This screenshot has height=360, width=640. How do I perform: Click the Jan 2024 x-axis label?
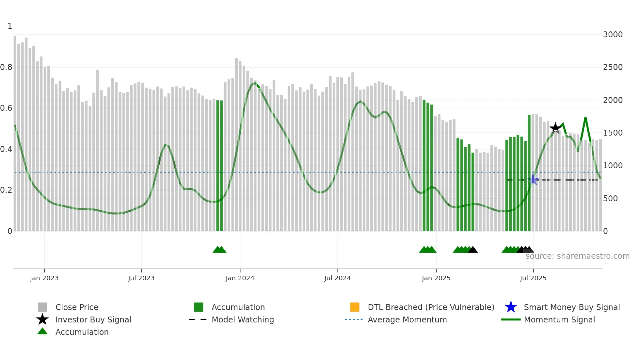point(240,278)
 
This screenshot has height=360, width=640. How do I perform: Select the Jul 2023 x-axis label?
point(141,278)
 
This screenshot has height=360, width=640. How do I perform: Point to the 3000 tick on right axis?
point(613,35)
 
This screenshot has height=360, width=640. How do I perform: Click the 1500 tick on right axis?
point(613,133)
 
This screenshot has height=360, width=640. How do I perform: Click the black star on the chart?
point(555,128)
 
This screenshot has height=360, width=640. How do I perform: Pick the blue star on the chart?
point(533,179)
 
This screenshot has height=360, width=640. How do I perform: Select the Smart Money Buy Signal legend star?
point(511,307)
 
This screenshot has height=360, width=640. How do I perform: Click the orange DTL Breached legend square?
point(355,307)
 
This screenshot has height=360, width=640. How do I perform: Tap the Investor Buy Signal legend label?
point(93,319)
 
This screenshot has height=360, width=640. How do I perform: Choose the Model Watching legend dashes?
point(198,319)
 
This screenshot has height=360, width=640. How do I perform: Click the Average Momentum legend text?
point(407,319)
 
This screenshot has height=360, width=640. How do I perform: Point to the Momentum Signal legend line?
point(511,319)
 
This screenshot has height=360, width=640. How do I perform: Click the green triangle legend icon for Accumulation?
point(42,332)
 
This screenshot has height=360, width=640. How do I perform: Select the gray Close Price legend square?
point(42,307)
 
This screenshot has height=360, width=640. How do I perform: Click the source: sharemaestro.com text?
point(577,256)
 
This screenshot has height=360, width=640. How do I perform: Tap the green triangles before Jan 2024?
point(219,250)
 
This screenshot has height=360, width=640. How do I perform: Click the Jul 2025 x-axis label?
point(533,278)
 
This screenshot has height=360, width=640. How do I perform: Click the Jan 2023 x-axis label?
point(44,278)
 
